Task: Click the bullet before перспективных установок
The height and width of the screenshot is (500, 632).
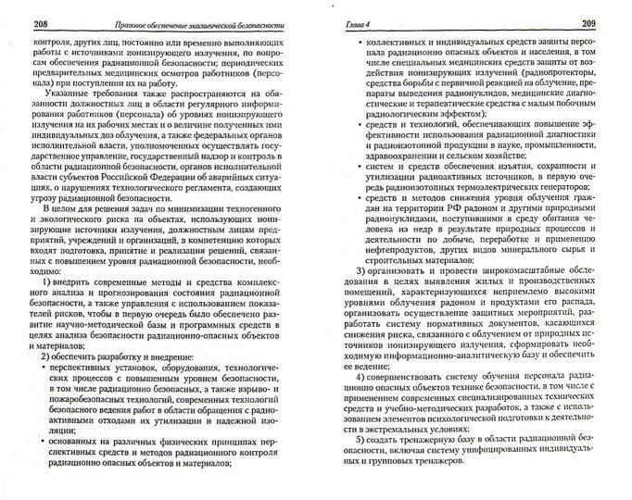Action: point(46,369)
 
